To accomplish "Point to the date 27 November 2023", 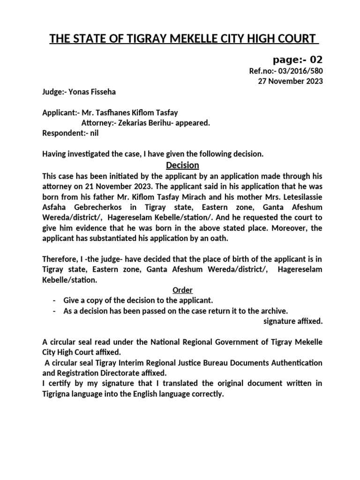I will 291,81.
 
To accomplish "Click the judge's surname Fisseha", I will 100,92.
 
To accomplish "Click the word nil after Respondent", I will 94,133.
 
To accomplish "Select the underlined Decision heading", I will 183,165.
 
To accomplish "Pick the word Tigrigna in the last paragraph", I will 60,394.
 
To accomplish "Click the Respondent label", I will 63,133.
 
